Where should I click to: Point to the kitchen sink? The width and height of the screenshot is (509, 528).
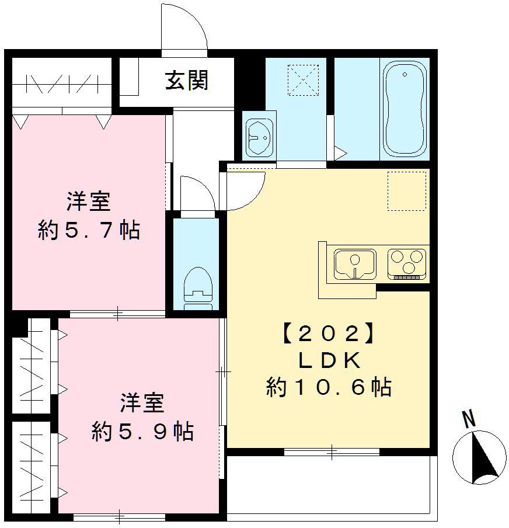pos(355,263)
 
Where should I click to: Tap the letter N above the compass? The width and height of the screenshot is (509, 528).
pos(468,419)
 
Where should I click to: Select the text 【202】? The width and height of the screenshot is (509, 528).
pos(328,334)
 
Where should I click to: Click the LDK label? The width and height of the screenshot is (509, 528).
pos(328,361)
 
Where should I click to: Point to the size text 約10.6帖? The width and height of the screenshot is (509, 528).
pos(328,387)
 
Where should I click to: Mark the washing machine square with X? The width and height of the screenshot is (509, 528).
pos(302,79)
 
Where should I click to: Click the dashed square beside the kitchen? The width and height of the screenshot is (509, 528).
pos(407,190)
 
